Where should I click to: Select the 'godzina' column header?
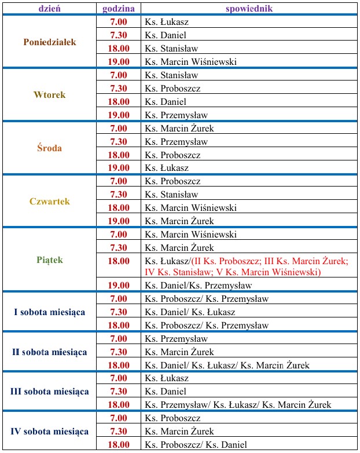(x=119, y=9)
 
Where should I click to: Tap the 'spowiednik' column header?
(x=249, y=9)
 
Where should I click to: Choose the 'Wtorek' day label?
(x=50, y=95)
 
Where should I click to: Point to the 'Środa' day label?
(x=50, y=148)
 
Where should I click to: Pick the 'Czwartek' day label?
(x=50, y=202)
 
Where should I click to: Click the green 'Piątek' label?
(x=50, y=260)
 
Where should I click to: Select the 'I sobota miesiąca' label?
(x=50, y=312)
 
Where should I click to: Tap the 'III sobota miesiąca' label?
(x=50, y=392)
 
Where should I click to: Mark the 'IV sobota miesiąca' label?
(x=50, y=432)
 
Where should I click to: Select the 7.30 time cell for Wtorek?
(x=119, y=89)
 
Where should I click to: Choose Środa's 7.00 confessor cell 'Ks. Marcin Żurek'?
(x=179, y=129)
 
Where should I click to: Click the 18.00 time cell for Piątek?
(x=119, y=261)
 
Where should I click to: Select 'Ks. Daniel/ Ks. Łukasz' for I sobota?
(x=190, y=312)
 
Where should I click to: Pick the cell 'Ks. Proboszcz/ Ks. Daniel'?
(x=196, y=445)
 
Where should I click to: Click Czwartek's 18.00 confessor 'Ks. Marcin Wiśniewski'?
(x=190, y=208)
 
